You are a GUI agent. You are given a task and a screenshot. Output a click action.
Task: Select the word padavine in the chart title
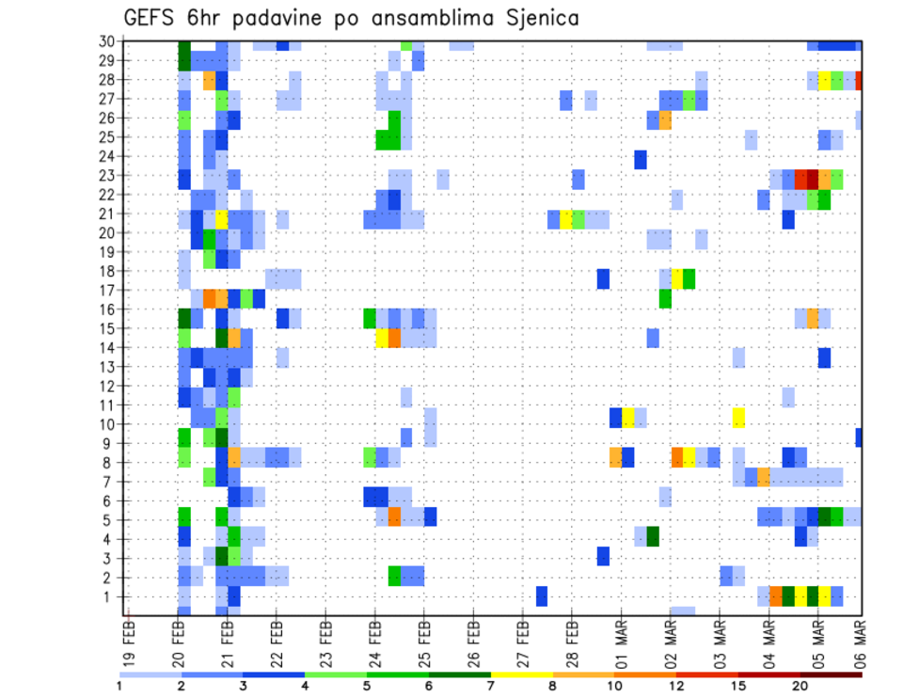(264, 19)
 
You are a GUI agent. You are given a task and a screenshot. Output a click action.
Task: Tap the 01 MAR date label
(621, 641)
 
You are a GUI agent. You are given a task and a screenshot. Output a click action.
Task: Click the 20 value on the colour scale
(800, 687)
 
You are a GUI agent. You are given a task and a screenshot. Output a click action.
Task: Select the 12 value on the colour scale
(676, 687)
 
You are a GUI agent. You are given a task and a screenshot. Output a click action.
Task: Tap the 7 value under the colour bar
(491, 687)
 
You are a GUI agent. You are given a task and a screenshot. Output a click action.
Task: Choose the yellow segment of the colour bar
(522, 674)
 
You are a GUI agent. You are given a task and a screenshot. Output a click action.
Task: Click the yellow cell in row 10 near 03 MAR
(738, 418)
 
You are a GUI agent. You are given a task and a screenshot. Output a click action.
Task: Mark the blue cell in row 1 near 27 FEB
(542, 596)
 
